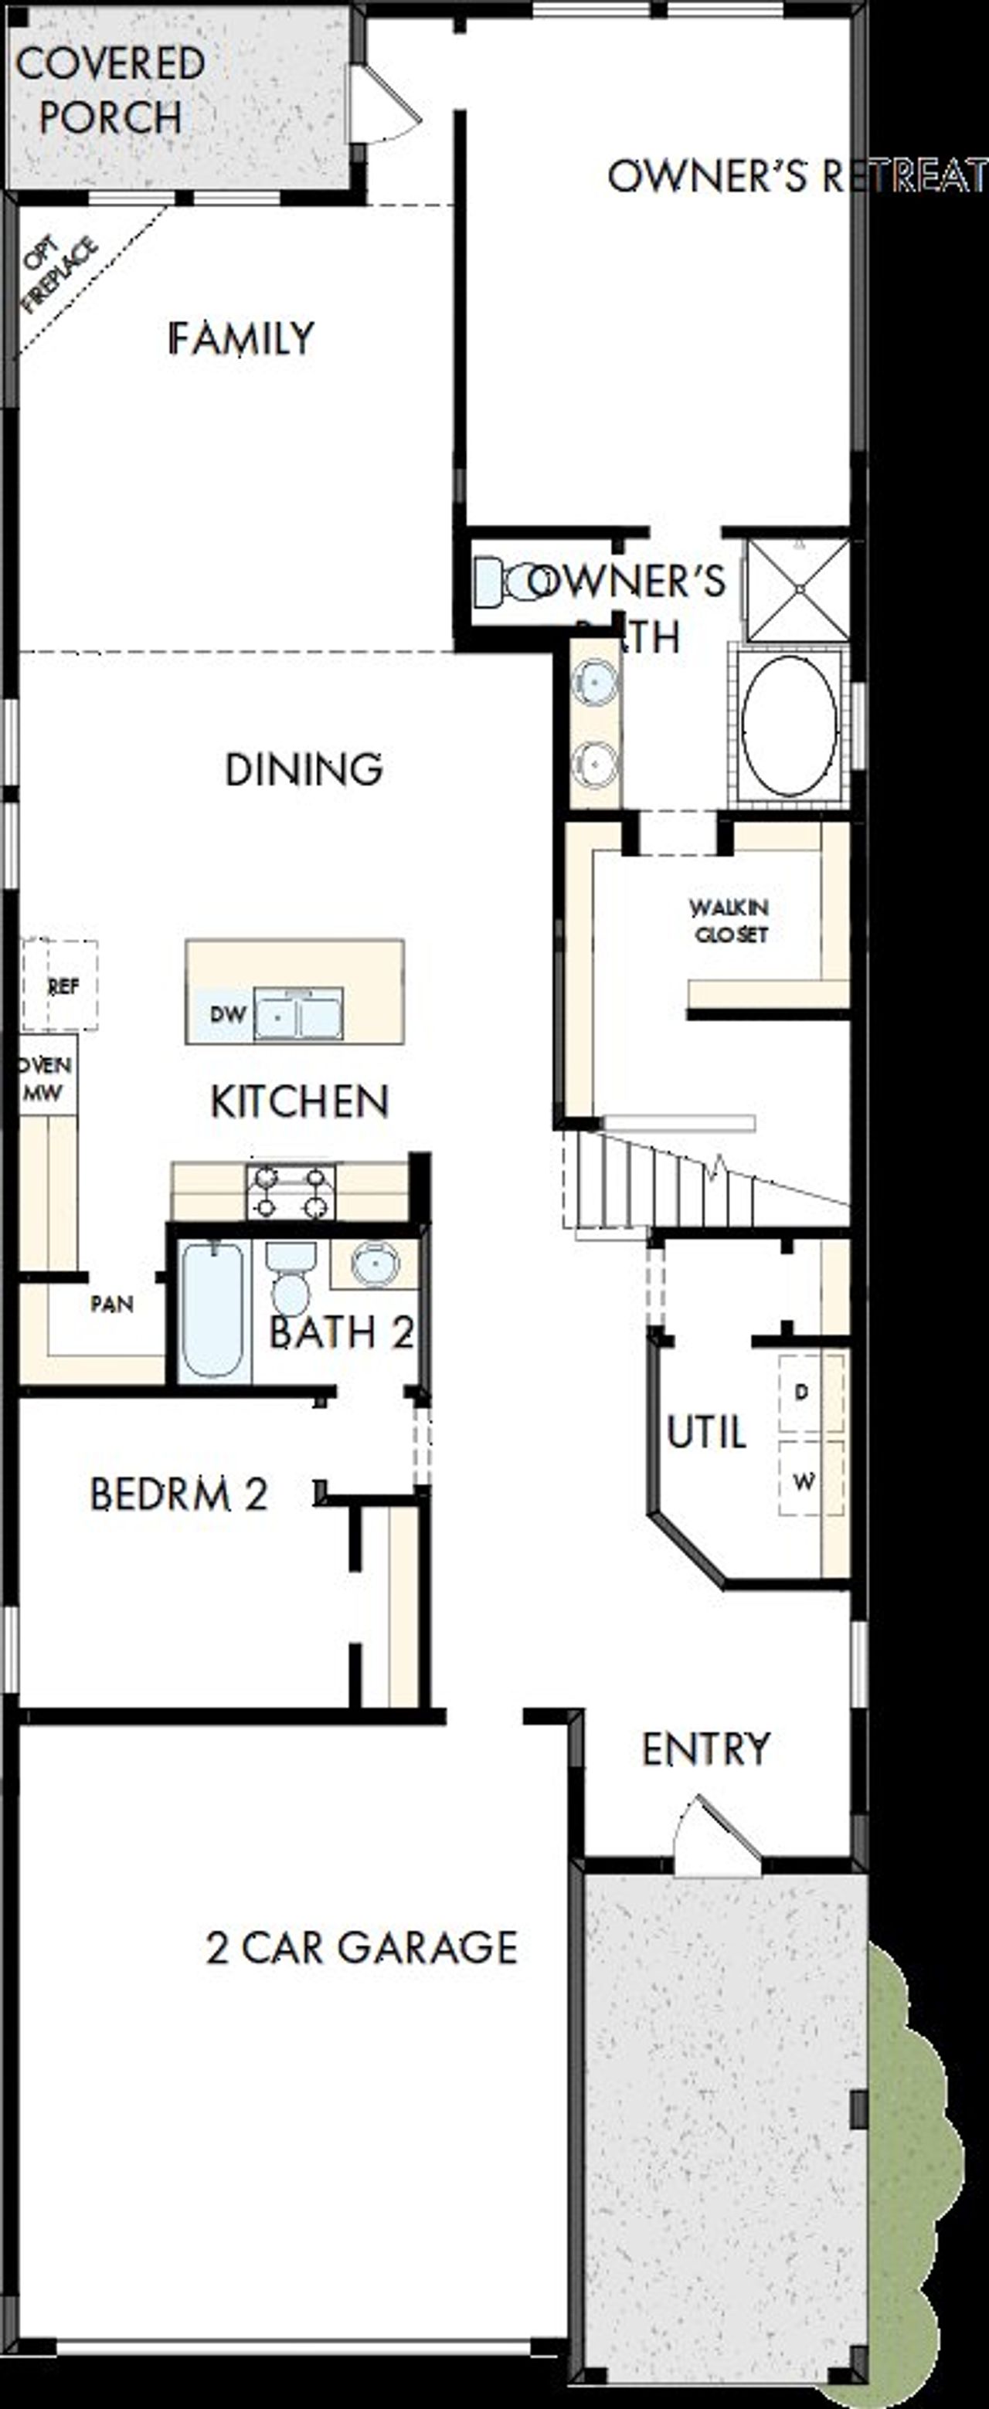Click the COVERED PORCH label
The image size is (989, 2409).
click(x=110, y=90)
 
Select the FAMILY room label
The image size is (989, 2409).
click(x=240, y=338)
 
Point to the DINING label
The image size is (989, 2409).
click(x=304, y=769)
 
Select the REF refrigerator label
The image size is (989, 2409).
click(x=63, y=986)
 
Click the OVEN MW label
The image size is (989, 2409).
click(x=44, y=1079)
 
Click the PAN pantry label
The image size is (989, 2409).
click(x=111, y=1304)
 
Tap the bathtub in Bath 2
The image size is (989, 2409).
click(x=212, y=1309)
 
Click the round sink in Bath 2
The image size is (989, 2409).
click(x=374, y=1264)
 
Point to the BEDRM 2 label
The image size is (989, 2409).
click(x=178, y=1495)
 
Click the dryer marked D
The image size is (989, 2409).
click(x=802, y=1393)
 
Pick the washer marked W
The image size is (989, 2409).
click(x=804, y=1481)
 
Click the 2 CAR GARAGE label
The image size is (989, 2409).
click(x=361, y=1948)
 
